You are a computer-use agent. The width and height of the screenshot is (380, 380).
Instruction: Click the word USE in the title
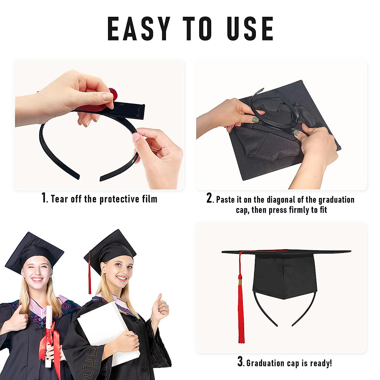coord(250,29)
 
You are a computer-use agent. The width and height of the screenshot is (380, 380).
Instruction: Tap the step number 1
coord(44,198)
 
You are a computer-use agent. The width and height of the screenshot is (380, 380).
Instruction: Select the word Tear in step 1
coord(59,199)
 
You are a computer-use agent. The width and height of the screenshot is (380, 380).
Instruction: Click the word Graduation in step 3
coord(266,363)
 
